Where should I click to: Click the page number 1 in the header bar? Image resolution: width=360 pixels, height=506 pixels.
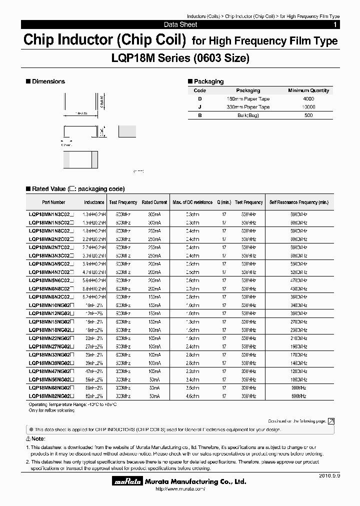click(335, 24)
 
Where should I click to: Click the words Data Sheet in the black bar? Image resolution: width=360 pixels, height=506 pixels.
click(180, 24)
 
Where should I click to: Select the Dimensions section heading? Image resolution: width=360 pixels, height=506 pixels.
click(48, 81)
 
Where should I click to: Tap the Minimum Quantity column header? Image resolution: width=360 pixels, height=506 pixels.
click(308, 90)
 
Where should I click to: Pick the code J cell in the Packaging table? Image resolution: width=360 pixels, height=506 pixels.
click(199, 107)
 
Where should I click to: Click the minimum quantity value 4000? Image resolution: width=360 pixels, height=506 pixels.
click(308, 99)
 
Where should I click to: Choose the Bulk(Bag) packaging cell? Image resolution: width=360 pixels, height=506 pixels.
click(248, 115)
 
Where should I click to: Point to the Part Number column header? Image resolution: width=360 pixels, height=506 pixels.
click(53, 202)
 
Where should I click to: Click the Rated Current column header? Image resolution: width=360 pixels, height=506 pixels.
click(154, 202)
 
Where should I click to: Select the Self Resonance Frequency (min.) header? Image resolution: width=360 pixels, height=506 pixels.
click(299, 202)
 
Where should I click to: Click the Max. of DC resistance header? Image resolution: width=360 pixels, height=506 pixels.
click(192, 202)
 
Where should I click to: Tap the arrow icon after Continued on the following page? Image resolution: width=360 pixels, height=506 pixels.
click(331, 421)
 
